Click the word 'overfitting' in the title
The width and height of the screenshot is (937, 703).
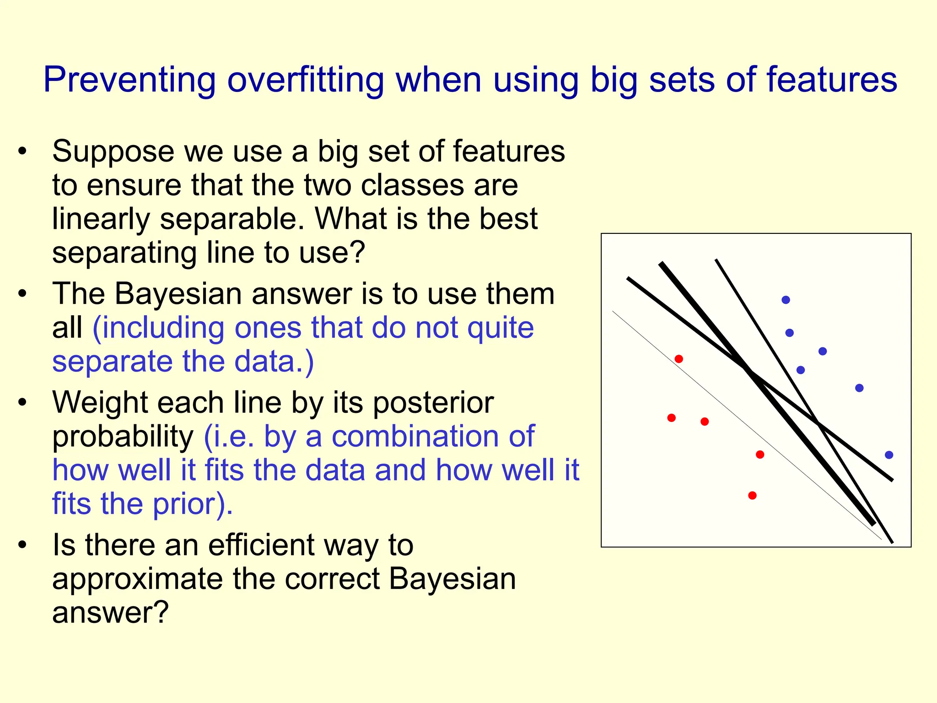click(x=305, y=80)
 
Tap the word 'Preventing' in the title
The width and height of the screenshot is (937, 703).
click(x=129, y=80)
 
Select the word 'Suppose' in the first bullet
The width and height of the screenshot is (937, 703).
click(x=113, y=152)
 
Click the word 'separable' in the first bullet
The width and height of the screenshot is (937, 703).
click(x=232, y=219)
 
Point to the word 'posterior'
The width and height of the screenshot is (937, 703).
click(x=433, y=403)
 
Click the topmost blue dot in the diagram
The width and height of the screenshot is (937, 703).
click(x=786, y=300)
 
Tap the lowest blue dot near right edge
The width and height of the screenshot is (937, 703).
click(x=889, y=455)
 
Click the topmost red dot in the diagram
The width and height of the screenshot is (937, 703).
click(x=679, y=359)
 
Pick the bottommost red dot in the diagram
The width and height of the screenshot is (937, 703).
click(x=752, y=495)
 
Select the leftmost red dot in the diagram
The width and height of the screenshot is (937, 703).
click(x=671, y=417)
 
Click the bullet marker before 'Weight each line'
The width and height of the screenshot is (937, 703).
click(x=22, y=403)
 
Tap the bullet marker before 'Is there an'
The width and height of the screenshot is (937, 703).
click(x=22, y=545)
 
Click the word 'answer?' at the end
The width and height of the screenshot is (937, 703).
click(x=110, y=613)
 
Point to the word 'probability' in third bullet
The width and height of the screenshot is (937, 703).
click(x=123, y=436)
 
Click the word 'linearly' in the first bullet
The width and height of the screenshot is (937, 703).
click(x=101, y=219)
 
